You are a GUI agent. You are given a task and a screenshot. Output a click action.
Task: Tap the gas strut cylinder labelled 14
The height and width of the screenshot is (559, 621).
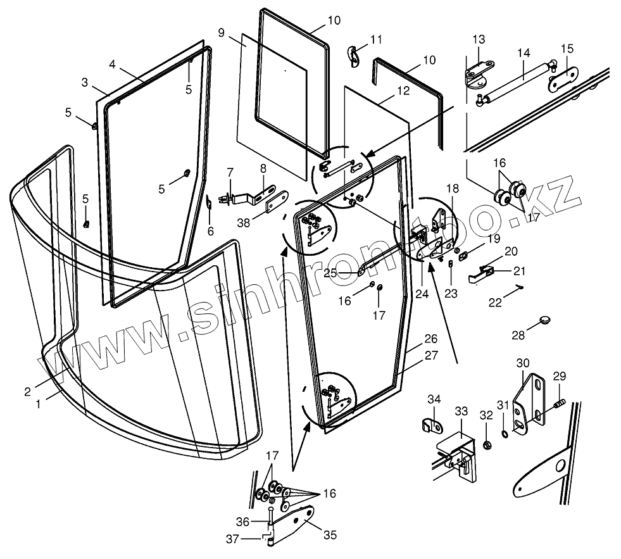coord(517,81)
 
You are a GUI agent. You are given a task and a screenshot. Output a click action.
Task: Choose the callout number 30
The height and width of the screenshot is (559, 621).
coord(522,363)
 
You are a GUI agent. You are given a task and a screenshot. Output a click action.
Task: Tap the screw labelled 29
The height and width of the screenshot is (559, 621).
coord(558,403)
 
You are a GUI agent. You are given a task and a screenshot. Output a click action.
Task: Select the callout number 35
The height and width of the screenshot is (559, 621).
coord(330,535)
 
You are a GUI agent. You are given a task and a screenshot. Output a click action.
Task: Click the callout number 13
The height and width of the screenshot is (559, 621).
coord(477,41)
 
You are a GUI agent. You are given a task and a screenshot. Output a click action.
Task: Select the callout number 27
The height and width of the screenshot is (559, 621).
coord(431,356)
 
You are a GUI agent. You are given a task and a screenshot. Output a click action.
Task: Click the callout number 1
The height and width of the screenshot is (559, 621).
coord(38,403)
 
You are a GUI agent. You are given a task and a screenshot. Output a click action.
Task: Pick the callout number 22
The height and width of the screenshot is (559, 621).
coord(495,303)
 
